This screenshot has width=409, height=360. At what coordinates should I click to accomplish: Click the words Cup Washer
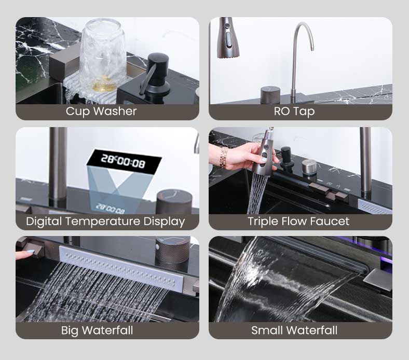[101, 112]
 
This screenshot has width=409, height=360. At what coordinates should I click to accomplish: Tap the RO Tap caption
[294, 112]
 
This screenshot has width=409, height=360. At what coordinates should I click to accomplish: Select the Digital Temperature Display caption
[105, 221]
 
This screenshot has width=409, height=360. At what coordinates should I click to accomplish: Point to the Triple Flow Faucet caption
[298, 221]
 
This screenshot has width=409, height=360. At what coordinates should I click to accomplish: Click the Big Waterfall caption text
[97, 330]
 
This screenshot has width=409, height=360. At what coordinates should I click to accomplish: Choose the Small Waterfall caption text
[294, 330]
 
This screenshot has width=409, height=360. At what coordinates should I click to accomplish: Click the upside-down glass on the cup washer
[103, 55]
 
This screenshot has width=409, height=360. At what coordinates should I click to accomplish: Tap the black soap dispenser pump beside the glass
[156, 75]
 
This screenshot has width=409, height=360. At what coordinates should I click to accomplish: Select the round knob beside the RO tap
[270, 95]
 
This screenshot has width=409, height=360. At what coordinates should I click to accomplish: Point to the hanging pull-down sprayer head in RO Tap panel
[228, 38]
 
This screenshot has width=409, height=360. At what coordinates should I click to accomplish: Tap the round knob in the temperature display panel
[174, 202]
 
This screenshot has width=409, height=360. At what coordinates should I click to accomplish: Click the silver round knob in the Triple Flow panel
[309, 167]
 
